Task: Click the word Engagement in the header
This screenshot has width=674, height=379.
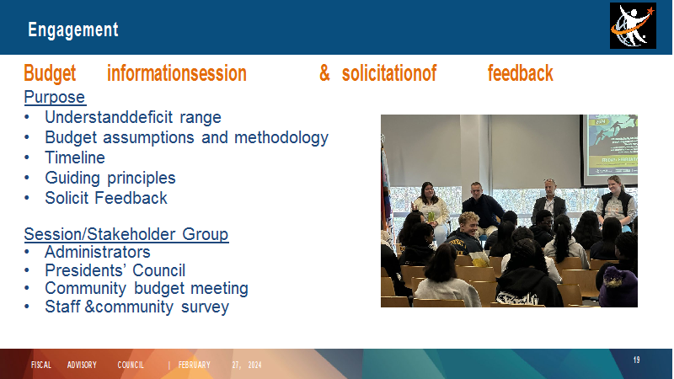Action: point(73,30)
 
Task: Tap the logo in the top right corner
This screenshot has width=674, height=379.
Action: point(633,26)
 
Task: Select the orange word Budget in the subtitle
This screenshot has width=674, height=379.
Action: point(50,73)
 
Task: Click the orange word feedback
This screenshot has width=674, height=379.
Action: point(520,73)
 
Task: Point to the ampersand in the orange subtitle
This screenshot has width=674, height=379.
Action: point(324,73)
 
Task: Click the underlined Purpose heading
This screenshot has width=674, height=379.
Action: point(55,97)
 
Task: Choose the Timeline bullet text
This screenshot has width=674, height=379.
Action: point(75,157)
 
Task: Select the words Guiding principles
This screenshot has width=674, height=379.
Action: point(110,178)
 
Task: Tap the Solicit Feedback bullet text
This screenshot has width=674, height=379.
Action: point(106,198)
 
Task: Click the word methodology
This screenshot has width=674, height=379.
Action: point(281,137)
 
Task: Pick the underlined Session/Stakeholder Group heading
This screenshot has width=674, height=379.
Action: point(126,234)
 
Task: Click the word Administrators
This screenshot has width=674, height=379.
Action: point(97,252)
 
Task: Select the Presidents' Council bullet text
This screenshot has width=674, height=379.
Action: point(115,270)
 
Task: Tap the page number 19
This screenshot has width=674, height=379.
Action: point(637,360)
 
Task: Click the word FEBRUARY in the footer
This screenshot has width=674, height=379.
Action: point(195,366)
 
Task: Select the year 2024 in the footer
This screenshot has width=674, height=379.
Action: point(254,366)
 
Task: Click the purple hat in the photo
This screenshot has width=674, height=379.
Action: point(618,286)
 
